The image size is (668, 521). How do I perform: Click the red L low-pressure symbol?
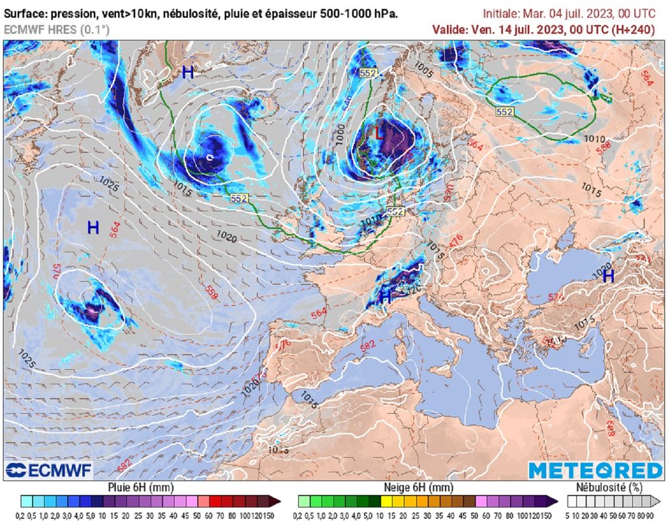coord(379,133)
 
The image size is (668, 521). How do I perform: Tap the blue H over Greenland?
coord(188,72)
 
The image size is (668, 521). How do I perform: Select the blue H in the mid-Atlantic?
coord(93,228)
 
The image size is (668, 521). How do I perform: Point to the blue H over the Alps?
coord(386,296)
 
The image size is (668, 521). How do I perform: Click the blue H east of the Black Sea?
coord(608,276)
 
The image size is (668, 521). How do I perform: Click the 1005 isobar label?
coord(424,67)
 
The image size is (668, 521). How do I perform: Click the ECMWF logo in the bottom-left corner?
coord(49,470)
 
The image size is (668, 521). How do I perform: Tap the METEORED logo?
coord(595,470)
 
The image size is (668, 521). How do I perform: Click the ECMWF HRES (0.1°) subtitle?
coord(57,29)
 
